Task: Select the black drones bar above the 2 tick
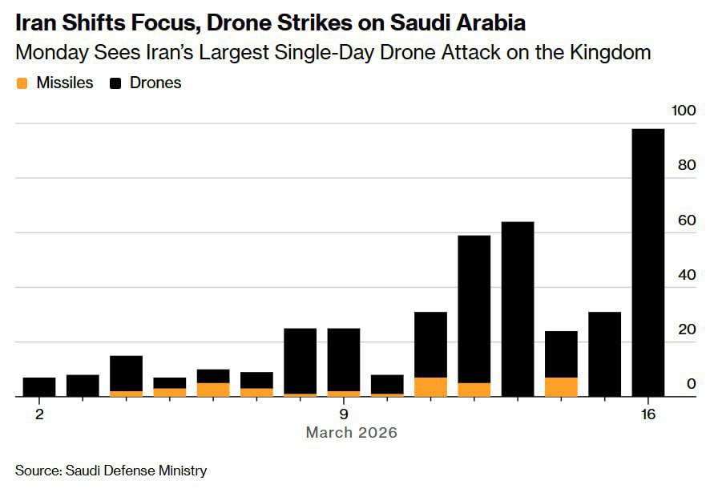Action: point(39,386)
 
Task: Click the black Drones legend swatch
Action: point(116,83)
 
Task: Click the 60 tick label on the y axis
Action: point(686,220)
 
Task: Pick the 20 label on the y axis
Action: point(686,329)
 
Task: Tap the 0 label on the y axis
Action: point(690,384)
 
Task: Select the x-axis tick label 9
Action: point(344,414)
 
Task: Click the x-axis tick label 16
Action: point(647,414)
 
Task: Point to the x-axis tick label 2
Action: point(39,414)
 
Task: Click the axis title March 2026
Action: point(351,433)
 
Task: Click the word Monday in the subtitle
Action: point(50,54)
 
